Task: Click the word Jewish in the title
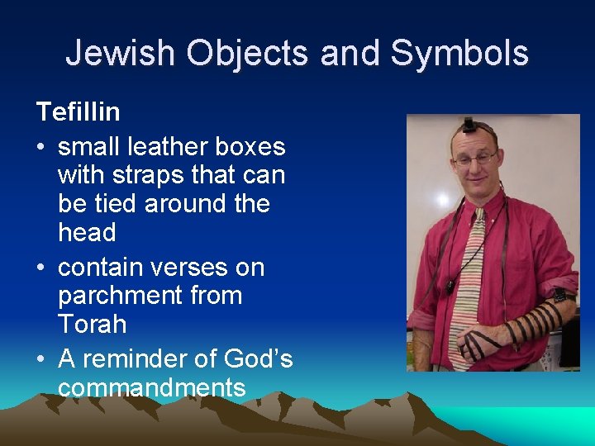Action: point(120,53)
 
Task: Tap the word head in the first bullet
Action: point(87,232)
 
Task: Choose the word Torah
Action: point(92,324)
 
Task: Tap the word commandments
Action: point(152,387)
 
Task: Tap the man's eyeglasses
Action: point(474,157)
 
